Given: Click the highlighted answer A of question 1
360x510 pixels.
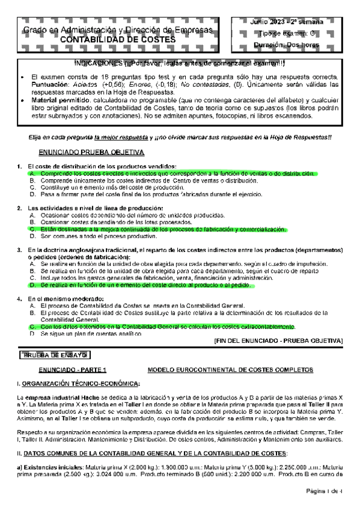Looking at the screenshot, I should [x=174, y=173].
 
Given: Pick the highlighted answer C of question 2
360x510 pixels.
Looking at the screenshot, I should [x=160, y=229].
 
